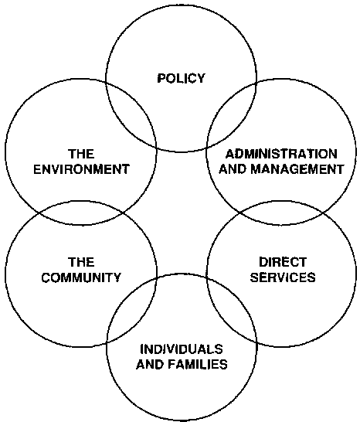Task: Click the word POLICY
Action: [181, 78]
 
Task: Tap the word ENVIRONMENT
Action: [81, 169]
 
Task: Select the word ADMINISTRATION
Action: [281, 155]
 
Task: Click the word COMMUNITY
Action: [81, 277]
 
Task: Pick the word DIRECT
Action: [283, 262]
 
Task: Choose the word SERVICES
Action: [283, 277]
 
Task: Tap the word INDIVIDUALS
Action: [182, 349]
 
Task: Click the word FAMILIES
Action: [198, 364]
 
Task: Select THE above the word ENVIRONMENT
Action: [81, 155]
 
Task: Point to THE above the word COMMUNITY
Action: [81, 262]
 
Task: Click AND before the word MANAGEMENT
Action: [233, 169]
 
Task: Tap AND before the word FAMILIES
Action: [150, 364]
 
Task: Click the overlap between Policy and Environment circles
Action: [131, 114]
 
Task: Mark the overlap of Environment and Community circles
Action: [81, 213]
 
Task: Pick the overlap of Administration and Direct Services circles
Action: [281, 213]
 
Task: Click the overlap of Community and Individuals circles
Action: [132, 309]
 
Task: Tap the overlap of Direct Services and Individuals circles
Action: [232, 309]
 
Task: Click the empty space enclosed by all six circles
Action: [181, 213]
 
